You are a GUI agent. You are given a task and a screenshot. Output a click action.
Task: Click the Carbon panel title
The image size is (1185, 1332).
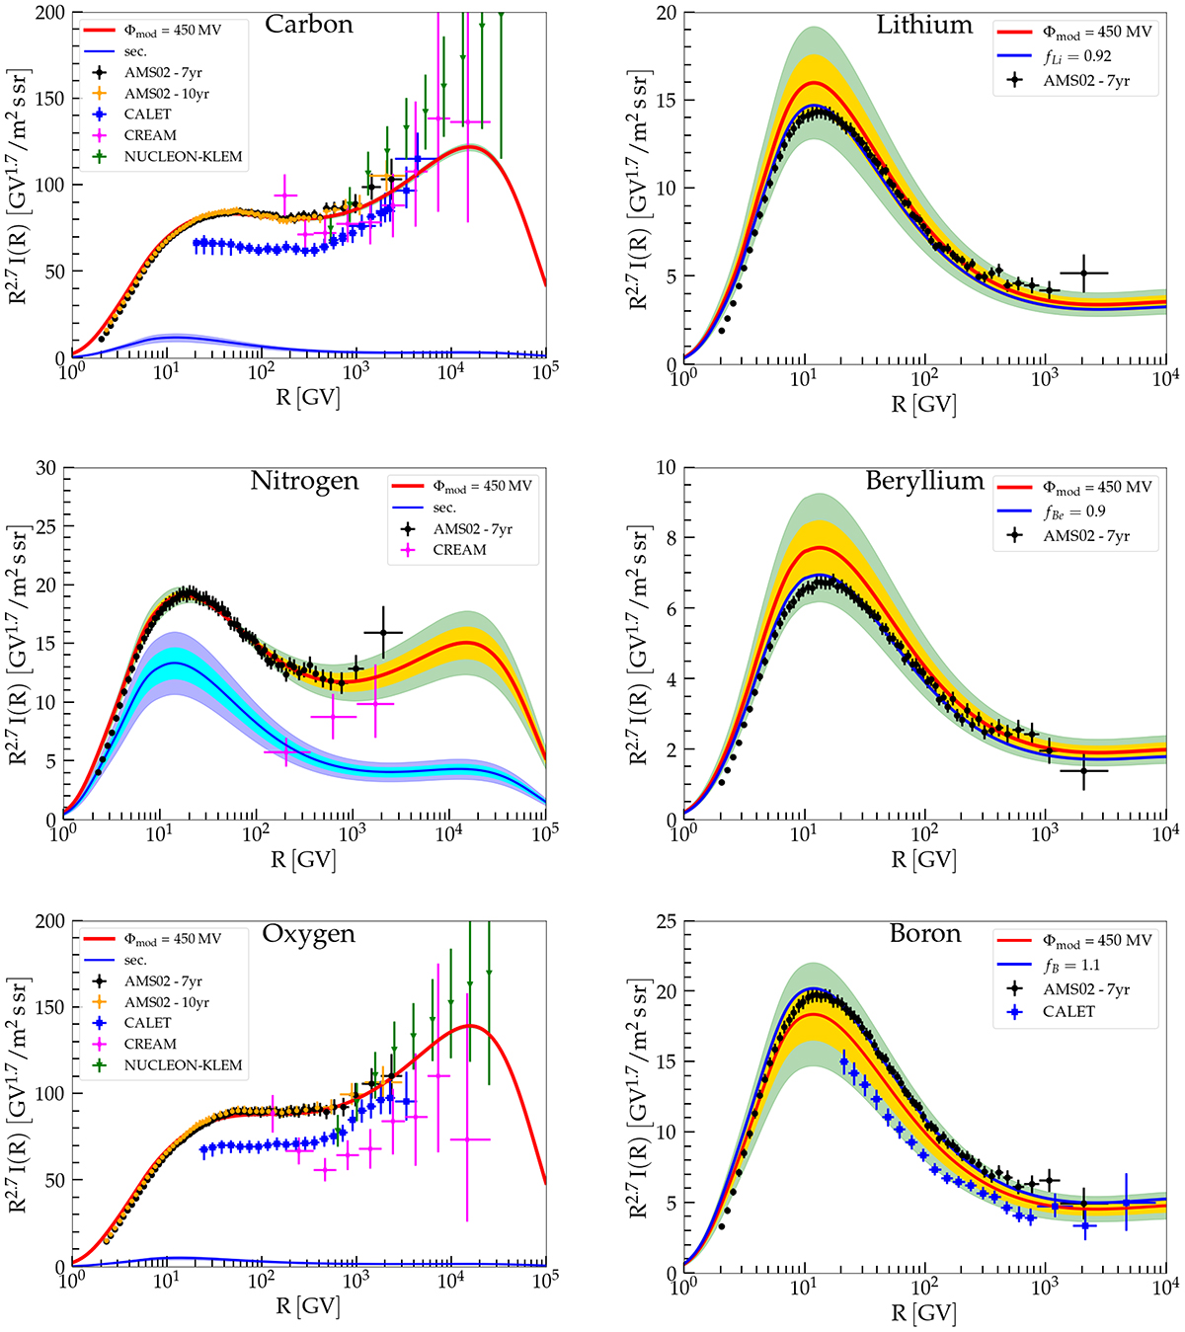(x=308, y=25)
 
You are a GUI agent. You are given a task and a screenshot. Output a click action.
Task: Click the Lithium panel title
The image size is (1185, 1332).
(x=924, y=25)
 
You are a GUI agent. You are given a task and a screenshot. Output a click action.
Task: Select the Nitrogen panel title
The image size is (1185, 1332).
(x=304, y=481)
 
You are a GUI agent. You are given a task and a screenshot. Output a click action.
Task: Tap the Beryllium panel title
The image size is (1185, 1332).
(x=924, y=481)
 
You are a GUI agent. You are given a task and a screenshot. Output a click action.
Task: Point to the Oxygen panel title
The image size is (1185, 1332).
(x=308, y=934)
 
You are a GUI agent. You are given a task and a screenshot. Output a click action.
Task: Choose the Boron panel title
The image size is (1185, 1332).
(x=924, y=934)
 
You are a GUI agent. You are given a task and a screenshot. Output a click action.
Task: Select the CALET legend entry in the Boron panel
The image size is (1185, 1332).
(x=1068, y=1011)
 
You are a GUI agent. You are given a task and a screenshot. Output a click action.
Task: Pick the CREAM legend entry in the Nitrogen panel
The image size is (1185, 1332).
(x=459, y=550)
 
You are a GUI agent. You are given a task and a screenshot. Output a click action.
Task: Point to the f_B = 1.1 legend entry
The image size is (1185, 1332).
(x=1069, y=965)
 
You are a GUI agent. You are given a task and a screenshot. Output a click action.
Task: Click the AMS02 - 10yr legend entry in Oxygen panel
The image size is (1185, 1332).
(x=166, y=1002)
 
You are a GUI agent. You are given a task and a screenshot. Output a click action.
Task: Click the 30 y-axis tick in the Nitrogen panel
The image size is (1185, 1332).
(x=45, y=467)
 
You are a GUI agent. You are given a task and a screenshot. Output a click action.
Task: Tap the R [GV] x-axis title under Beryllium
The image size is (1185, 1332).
(x=923, y=860)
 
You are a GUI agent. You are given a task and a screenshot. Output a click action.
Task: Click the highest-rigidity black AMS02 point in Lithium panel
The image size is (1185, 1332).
(x=1083, y=273)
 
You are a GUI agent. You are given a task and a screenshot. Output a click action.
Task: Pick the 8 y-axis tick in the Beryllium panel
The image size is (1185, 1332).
(x=670, y=538)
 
